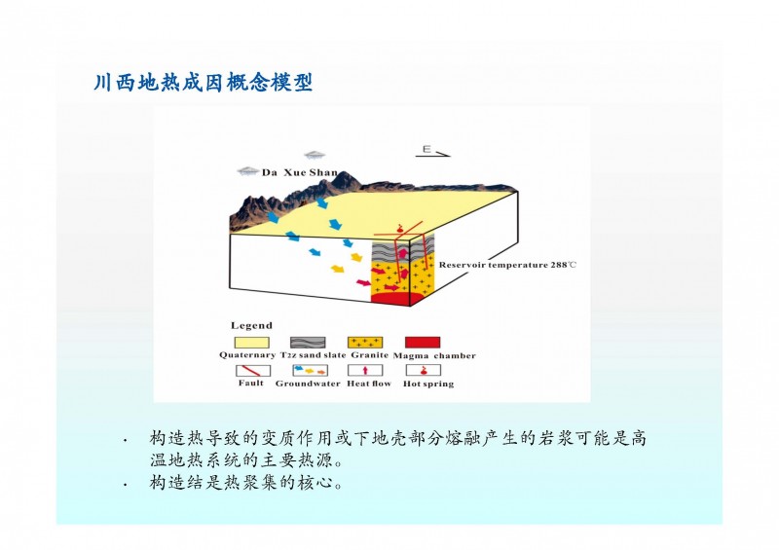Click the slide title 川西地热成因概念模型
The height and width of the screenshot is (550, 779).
click(x=204, y=82)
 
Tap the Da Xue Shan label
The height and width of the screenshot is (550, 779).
click(x=300, y=172)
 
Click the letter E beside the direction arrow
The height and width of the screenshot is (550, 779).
click(x=427, y=149)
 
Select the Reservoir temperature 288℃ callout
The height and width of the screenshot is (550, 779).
click(x=507, y=265)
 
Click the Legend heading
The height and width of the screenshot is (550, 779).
click(x=251, y=325)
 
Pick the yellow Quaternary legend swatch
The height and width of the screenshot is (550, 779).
click(x=252, y=343)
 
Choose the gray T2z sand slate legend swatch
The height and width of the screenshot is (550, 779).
click(x=308, y=343)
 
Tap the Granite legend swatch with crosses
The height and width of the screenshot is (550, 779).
click(x=365, y=343)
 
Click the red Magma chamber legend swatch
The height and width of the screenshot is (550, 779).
click(x=423, y=343)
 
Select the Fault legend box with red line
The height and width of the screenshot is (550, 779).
click(x=253, y=370)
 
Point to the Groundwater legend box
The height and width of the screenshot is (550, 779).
click(x=311, y=370)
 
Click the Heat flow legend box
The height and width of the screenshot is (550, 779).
click(x=365, y=370)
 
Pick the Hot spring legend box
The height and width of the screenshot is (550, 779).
click(x=424, y=370)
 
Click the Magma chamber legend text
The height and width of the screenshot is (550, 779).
click(x=434, y=355)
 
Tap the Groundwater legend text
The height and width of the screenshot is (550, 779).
click(x=308, y=384)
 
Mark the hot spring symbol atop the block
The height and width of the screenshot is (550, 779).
click(x=399, y=230)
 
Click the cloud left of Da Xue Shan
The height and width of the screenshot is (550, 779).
click(x=248, y=171)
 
